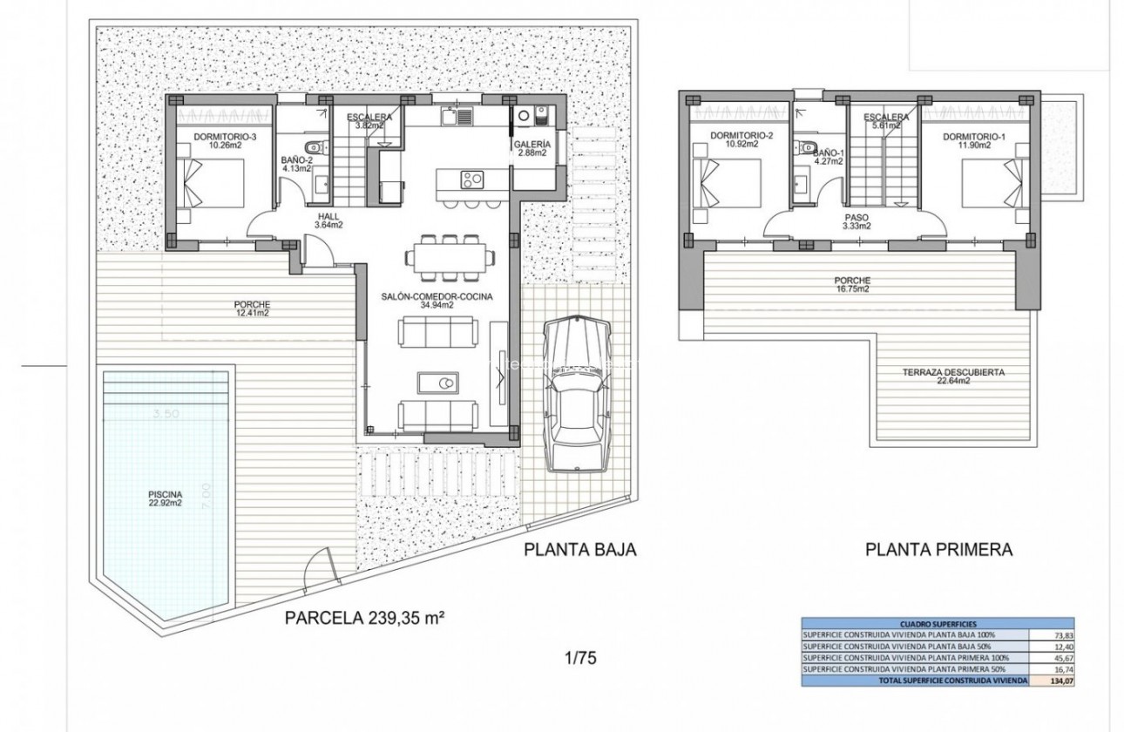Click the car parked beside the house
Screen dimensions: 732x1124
(x=576, y=395)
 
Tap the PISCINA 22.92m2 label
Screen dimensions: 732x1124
(x=164, y=498)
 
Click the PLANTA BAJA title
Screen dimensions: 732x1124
(x=580, y=550)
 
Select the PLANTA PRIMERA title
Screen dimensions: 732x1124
(x=938, y=550)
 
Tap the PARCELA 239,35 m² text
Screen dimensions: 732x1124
(x=365, y=619)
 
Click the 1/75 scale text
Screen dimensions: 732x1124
(x=580, y=658)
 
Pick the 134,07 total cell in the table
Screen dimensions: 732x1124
(x=1044, y=680)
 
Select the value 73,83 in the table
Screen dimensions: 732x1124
(x=1044, y=635)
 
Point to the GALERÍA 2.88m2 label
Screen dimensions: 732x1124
(x=532, y=148)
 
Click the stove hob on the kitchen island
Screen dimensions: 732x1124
(x=471, y=180)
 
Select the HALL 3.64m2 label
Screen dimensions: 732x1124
(x=329, y=220)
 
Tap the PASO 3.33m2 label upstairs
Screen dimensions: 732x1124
(x=857, y=221)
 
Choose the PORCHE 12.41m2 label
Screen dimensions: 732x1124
(x=252, y=308)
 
